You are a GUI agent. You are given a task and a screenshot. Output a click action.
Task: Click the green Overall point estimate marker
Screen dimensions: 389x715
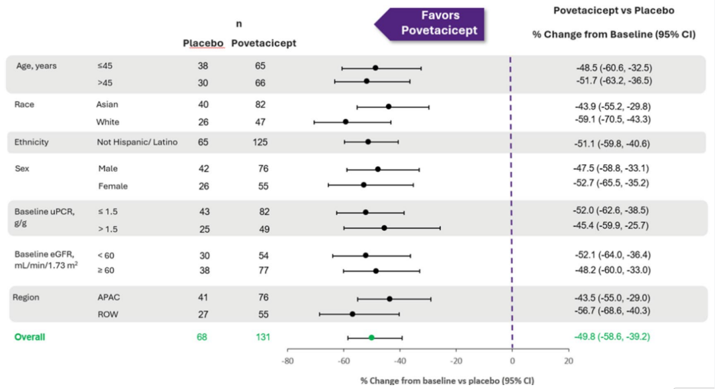[x=371, y=337]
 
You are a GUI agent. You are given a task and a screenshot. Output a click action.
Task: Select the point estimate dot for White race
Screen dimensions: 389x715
[x=346, y=122]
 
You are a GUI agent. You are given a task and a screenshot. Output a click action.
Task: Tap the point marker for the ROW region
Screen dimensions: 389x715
[x=352, y=314]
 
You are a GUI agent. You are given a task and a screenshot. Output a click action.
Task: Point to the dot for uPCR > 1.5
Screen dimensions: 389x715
[x=384, y=228]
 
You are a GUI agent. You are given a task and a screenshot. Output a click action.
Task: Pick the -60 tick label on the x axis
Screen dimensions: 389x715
[x=343, y=361]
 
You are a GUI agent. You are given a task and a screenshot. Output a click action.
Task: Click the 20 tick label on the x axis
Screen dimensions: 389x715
[x=568, y=361]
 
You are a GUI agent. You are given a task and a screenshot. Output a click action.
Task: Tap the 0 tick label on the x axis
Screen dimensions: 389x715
[x=512, y=361]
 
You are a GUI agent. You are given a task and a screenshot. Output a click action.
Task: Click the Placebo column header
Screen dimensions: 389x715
[x=203, y=43]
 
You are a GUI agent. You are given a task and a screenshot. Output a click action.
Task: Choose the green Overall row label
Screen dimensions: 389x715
[x=30, y=337]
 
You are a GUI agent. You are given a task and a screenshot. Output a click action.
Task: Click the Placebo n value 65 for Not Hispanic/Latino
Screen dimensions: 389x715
[x=202, y=142]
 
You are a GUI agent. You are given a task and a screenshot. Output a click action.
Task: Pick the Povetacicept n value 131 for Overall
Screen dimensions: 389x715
[x=263, y=337]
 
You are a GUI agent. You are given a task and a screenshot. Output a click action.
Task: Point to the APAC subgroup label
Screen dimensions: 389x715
[x=109, y=298]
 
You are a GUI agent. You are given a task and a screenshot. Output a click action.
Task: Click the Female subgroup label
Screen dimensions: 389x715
[x=113, y=186]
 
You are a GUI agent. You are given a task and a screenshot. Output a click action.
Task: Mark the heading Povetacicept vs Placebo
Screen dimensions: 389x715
[x=614, y=11]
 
